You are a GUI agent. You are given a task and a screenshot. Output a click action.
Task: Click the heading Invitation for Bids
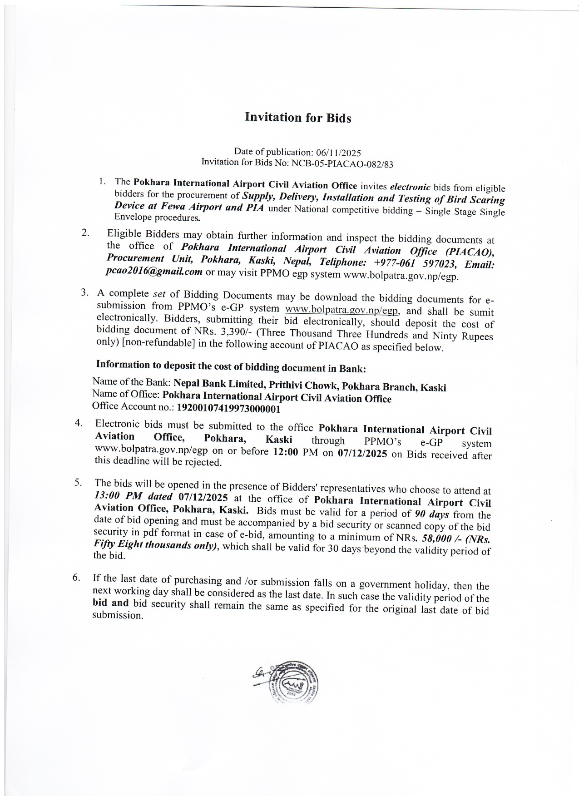click(298, 117)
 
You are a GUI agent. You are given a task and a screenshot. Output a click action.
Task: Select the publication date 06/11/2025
click(338, 153)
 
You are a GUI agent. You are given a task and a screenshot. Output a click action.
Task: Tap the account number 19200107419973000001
click(228, 409)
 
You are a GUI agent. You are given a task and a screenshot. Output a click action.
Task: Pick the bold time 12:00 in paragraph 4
click(285, 452)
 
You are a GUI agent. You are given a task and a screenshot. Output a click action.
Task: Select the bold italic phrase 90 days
click(432, 514)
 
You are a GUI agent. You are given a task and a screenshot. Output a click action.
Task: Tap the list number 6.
click(76, 578)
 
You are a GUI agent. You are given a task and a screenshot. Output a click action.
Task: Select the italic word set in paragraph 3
click(159, 294)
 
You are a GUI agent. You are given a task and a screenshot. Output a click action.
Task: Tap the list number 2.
click(85, 233)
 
